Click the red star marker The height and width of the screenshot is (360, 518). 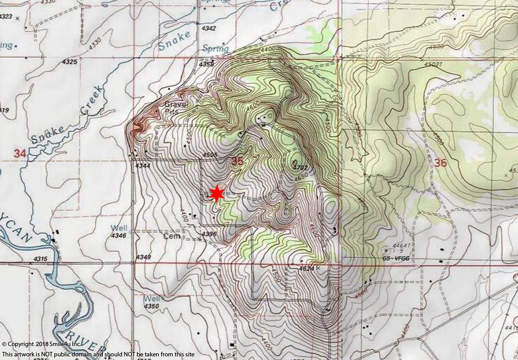pyautogui.click(x=217, y=194)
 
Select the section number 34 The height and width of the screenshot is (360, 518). pyautogui.click(x=19, y=154)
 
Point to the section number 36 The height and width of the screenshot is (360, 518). pyautogui.click(x=440, y=162)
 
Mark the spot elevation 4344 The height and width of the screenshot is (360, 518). pyautogui.click(x=142, y=166)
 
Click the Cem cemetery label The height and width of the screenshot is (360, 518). pyautogui.click(x=171, y=236)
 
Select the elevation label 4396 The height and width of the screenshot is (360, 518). pyautogui.click(x=210, y=234)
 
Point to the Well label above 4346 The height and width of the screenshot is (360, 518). pyautogui.click(x=119, y=228)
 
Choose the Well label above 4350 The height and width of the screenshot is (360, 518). pyautogui.click(x=151, y=299)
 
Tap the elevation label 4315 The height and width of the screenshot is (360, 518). pyautogui.click(x=40, y=259)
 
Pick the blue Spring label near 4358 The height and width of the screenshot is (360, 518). pyautogui.click(x=215, y=48)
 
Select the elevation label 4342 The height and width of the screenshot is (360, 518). pyautogui.click(x=209, y=28)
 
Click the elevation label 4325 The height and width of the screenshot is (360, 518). pyautogui.click(x=70, y=61)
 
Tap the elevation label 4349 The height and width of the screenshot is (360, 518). pyautogui.click(x=144, y=257)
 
